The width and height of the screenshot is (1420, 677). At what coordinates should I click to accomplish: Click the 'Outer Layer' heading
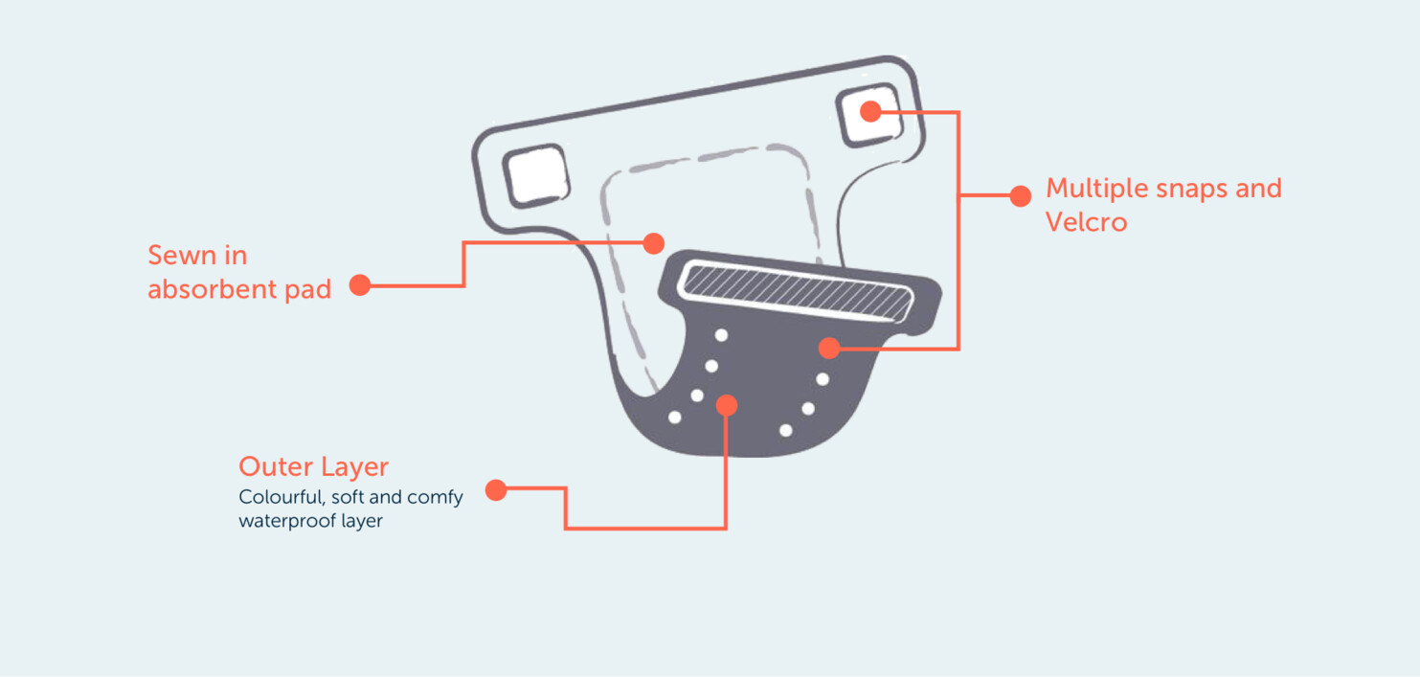(x=313, y=467)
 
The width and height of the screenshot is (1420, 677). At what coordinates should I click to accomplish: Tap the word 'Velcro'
(x=1086, y=222)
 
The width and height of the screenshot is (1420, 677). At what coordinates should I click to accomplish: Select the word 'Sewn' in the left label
(x=179, y=256)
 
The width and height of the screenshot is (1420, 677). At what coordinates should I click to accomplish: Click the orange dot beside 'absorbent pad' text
(x=360, y=285)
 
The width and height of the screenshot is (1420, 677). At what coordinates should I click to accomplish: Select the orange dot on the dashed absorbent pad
(x=654, y=243)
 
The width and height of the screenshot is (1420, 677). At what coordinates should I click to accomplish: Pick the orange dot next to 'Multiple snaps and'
(x=1020, y=196)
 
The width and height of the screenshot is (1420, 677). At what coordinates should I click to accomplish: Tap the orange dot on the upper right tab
(x=870, y=112)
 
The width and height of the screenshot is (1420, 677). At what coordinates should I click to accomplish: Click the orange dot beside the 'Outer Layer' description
(x=496, y=490)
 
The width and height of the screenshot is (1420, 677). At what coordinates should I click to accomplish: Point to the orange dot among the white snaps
(x=727, y=405)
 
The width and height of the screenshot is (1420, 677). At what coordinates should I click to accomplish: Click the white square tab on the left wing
(x=536, y=175)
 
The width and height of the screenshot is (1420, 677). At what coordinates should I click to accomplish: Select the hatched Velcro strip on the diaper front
(x=797, y=293)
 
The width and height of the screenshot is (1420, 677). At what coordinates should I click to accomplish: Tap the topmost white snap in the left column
(x=721, y=335)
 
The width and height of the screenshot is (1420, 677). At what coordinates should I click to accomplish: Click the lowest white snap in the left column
(x=674, y=417)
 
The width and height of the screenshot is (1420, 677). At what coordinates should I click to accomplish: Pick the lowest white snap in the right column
(x=786, y=431)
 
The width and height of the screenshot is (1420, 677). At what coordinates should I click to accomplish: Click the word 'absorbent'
(x=212, y=289)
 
